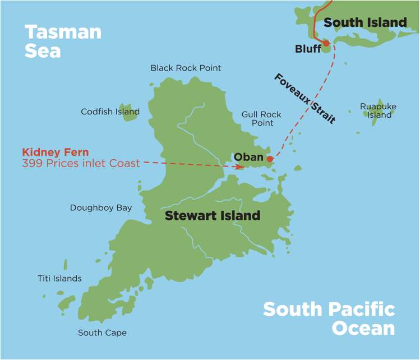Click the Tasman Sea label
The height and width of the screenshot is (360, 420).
[x=63, y=41]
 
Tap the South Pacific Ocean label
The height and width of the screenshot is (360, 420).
[x=329, y=318]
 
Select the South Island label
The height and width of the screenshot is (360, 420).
[x=365, y=22]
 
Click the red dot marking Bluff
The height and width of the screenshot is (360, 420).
[x=326, y=43]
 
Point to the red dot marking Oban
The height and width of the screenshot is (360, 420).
[x=270, y=159]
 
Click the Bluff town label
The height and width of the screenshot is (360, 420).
[x=308, y=49]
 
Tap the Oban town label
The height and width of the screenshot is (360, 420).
[x=248, y=157]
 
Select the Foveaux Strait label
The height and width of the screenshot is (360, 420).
[x=305, y=98]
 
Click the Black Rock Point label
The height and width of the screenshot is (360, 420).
[x=186, y=68]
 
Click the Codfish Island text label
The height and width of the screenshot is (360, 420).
[x=110, y=112]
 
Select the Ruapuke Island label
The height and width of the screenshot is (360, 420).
[x=378, y=110]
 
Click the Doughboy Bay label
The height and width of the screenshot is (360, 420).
[x=101, y=207]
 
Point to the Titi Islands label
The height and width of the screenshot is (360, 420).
[x=59, y=278]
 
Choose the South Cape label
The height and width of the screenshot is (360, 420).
[x=102, y=333]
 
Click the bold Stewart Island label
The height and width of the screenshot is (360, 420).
[x=212, y=215]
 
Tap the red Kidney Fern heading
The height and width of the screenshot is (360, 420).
[x=56, y=152]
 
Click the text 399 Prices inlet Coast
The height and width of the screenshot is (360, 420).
[x=80, y=163]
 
